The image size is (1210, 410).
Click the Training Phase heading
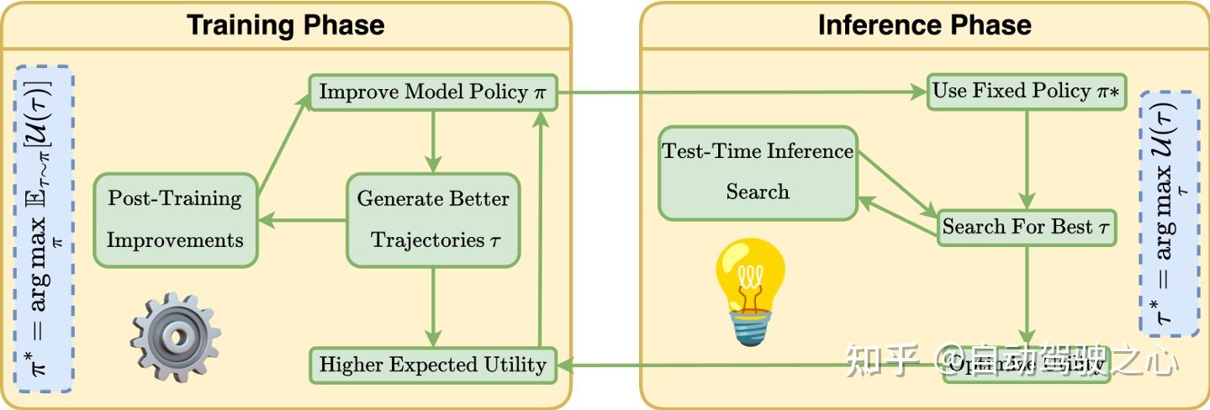(x=285, y=24)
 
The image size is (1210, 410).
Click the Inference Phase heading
(x=924, y=24)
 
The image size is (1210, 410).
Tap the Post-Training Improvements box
(x=174, y=219)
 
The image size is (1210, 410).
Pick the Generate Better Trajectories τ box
(x=433, y=219)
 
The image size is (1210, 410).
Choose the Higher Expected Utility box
(x=433, y=365)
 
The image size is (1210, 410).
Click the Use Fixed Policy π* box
(x=1026, y=92)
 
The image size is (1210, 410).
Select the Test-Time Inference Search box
(x=758, y=171)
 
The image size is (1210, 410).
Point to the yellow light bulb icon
(x=749, y=290)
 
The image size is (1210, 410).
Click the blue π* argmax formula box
(x=44, y=229)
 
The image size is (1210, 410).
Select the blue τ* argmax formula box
(x=1169, y=213)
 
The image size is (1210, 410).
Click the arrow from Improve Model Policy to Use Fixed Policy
(x=740, y=92)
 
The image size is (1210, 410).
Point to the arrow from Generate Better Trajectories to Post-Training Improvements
(x=302, y=221)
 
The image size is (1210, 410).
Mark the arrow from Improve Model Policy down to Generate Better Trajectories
(x=433, y=139)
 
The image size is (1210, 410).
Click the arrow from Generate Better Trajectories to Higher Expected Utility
(x=433, y=307)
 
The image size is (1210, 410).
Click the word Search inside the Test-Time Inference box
(x=758, y=192)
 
